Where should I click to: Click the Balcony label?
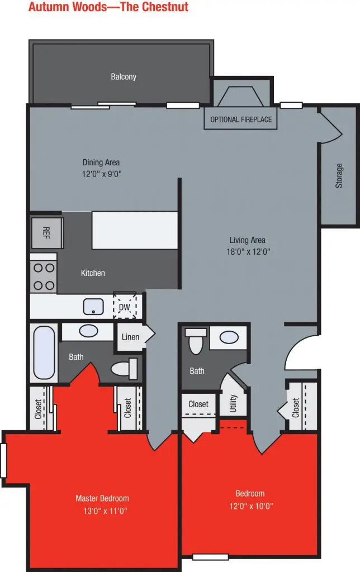coord(124,77)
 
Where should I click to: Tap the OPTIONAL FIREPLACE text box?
coord(241,120)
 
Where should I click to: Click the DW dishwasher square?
coord(125,306)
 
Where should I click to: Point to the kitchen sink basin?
coord(92,307)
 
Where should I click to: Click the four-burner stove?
coord(43,276)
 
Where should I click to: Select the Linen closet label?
coord(130,337)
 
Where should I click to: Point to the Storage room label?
coord(339,175)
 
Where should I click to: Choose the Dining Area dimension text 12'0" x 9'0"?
coord(102,174)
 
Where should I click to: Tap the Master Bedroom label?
coord(102,498)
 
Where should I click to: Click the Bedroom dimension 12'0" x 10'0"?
coord(250,506)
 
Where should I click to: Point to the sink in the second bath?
coord(228,337)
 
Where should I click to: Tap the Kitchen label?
coord(93,273)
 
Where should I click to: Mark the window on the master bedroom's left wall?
coord(3,460)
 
